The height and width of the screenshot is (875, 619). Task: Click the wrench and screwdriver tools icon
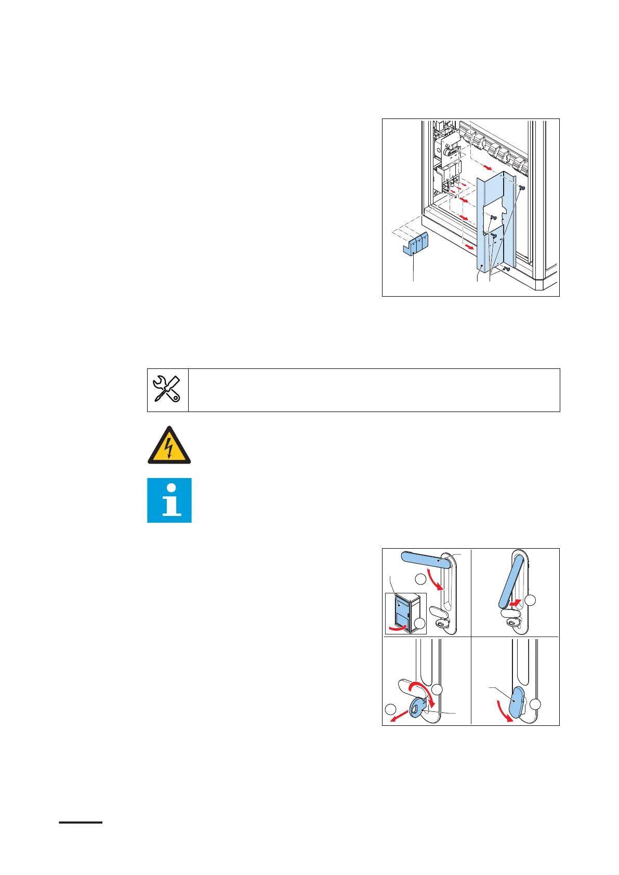coord(167,390)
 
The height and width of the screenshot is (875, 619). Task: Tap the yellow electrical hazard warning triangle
coord(169,445)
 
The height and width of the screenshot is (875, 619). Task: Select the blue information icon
coord(169,500)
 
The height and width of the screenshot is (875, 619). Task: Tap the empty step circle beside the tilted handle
coord(531,601)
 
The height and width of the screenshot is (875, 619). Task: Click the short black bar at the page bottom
coord(81,823)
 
